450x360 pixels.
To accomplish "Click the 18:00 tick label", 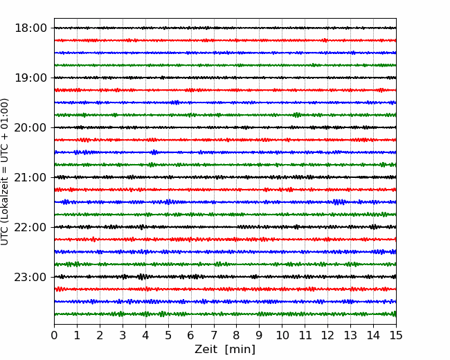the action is [30, 28].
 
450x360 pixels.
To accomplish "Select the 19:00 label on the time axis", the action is [30, 78].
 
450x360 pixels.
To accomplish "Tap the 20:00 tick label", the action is [30, 127].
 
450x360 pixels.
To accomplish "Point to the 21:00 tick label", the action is [30, 177].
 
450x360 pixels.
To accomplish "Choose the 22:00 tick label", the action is [30, 227].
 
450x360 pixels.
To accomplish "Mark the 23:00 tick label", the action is [30, 277].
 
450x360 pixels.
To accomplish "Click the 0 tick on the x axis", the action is [54, 335].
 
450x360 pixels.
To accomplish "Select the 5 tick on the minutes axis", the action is [168, 335].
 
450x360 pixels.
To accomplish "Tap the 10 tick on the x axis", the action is [282, 335].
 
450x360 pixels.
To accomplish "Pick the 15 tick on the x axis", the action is [396, 335].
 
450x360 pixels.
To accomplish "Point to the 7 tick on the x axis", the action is [214, 335].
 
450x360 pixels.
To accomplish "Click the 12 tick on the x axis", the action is [327, 335].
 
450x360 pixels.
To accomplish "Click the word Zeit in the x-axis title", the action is [206, 349].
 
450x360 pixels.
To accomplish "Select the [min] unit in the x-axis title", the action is [240, 350].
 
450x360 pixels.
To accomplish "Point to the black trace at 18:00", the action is [225, 28].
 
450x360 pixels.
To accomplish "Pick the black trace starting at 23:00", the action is [225, 277].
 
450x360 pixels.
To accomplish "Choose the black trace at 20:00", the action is [225, 127].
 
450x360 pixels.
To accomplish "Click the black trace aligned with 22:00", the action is [225, 227].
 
